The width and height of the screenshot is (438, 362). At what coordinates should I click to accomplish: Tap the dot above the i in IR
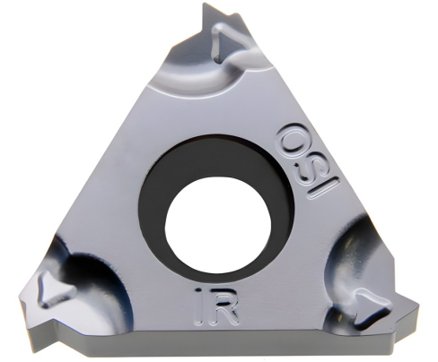click(x=199, y=291)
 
